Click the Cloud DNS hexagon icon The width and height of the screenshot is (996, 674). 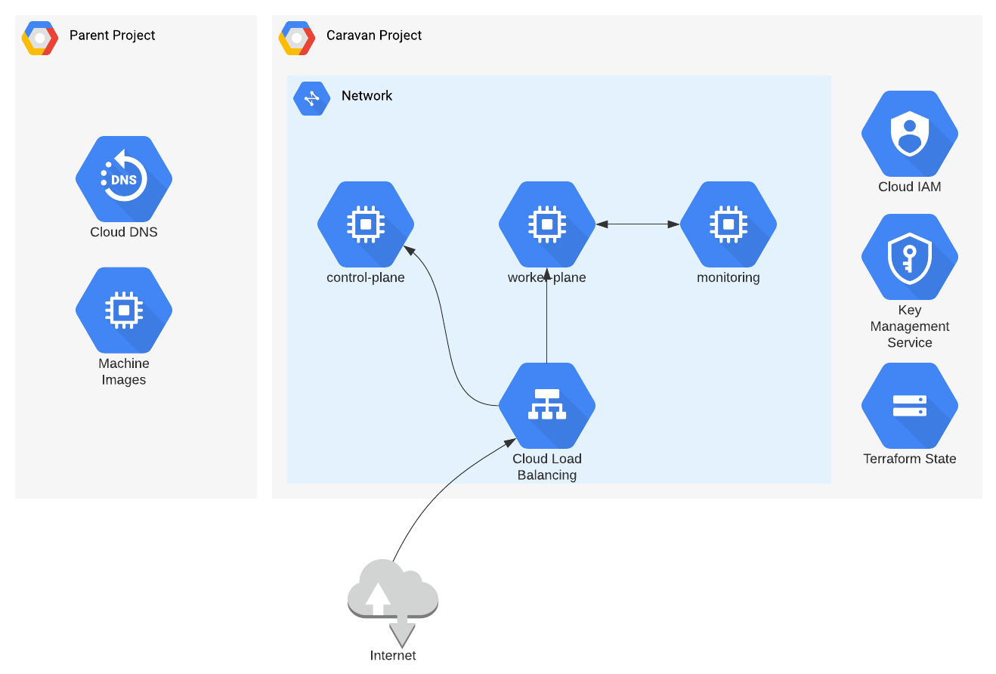coord(124,179)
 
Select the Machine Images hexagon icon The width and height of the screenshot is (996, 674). coord(124,310)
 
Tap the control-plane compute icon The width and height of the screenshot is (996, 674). coord(366,224)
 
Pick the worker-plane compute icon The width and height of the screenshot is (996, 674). coord(547,224)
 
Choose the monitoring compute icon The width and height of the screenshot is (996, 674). coord(728,224)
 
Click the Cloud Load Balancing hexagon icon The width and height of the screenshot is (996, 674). coord(547,406)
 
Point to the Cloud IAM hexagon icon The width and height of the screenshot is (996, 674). coord(910,134)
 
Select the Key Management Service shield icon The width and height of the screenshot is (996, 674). coord(910,257)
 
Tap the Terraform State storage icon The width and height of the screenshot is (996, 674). coord(910,406)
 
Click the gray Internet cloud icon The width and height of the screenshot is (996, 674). coord(393,600)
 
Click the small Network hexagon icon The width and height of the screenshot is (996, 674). coord(311,98)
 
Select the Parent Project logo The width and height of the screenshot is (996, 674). coord(40,39)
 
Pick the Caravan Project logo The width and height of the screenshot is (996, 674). coord(296,39)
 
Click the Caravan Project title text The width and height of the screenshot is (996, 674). coord(374,35)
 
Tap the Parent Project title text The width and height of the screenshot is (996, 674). coord(112,35)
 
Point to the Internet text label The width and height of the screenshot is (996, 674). coord(393,655)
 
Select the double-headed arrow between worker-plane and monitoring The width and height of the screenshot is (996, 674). coord(638,224)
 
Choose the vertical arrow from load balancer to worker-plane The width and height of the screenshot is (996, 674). coord(547,315)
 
